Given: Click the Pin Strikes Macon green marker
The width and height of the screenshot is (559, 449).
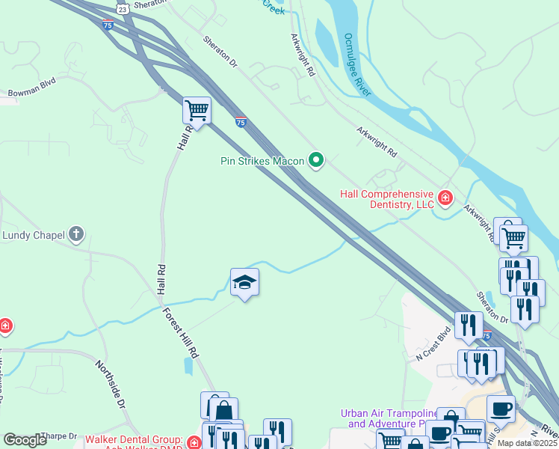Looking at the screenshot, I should click(316, 159).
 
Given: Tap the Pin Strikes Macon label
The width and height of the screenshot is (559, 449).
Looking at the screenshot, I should click(262, 161).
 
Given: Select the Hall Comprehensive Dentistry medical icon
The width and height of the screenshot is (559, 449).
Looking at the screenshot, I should click(445, 198).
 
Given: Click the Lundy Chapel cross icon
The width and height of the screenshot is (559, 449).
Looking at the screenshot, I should click(75, 235).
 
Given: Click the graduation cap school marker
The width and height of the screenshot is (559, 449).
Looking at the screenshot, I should click(244, 282).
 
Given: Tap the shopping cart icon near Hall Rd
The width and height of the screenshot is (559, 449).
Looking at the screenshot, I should click(197, 110).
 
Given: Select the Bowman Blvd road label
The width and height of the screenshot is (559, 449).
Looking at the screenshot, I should click(32, 93).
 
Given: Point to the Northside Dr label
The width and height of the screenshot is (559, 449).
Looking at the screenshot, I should click(110, 384).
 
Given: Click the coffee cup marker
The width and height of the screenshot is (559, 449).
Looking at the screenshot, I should click(501, 409).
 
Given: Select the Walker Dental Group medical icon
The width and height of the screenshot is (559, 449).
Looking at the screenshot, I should click(194, 442).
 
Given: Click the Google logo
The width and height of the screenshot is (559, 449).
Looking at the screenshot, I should click(25, 440).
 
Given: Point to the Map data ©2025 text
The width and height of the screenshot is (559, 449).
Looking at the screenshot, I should click(527, 443).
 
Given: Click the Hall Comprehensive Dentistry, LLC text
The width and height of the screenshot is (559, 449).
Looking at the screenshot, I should click(386, 199).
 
